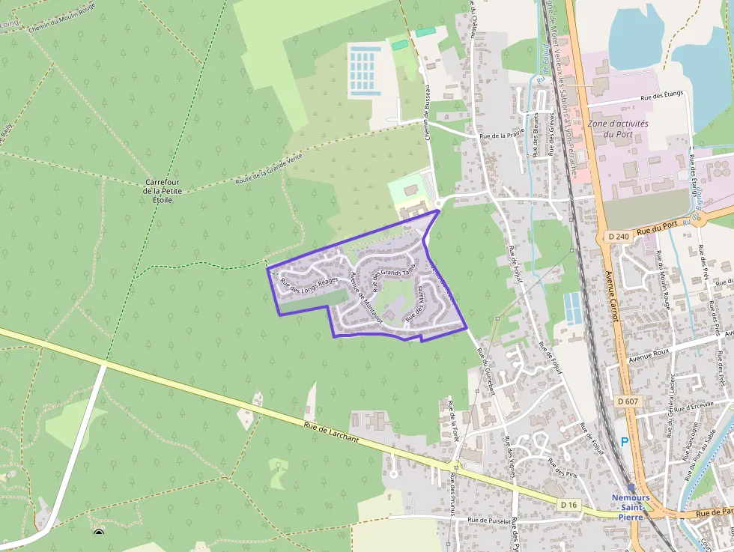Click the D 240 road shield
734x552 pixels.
[619, 237]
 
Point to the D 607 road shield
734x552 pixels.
[628, 402]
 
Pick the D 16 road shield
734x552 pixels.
[569, 505]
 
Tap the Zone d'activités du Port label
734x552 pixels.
[618, 128]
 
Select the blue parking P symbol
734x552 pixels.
[625, 442]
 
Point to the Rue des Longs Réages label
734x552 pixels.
[309, 285]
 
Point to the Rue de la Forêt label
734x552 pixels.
[452, 421]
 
